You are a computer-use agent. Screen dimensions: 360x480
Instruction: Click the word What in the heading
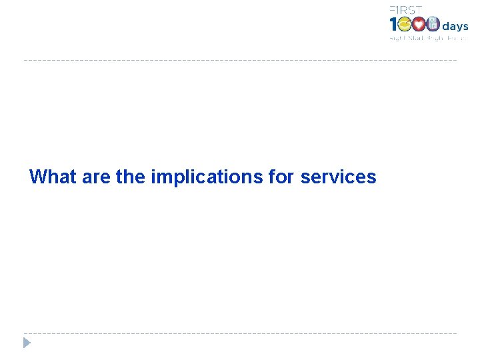[53, 177]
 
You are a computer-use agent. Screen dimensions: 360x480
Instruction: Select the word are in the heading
[97, 177]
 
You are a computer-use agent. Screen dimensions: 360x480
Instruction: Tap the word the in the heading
[131, 177]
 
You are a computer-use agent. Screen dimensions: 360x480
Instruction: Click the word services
[338, 177]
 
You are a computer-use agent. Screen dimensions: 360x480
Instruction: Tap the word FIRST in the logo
[405, 9]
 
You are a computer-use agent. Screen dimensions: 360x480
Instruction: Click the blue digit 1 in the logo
[393, 25]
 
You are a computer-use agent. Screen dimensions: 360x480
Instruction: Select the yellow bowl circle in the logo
[405, 25]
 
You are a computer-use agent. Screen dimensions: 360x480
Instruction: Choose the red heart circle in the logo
[419, 25]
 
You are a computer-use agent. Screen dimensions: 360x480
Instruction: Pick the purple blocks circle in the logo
[433, 25]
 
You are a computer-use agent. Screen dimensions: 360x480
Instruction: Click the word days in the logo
[455, 27]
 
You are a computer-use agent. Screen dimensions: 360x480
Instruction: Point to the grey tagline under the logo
[427, 39]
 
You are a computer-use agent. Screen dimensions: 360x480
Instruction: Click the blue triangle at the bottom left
[27, 343]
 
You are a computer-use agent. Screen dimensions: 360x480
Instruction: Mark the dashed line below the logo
[240, 60]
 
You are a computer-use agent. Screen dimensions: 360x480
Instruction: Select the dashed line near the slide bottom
[240, 333]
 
